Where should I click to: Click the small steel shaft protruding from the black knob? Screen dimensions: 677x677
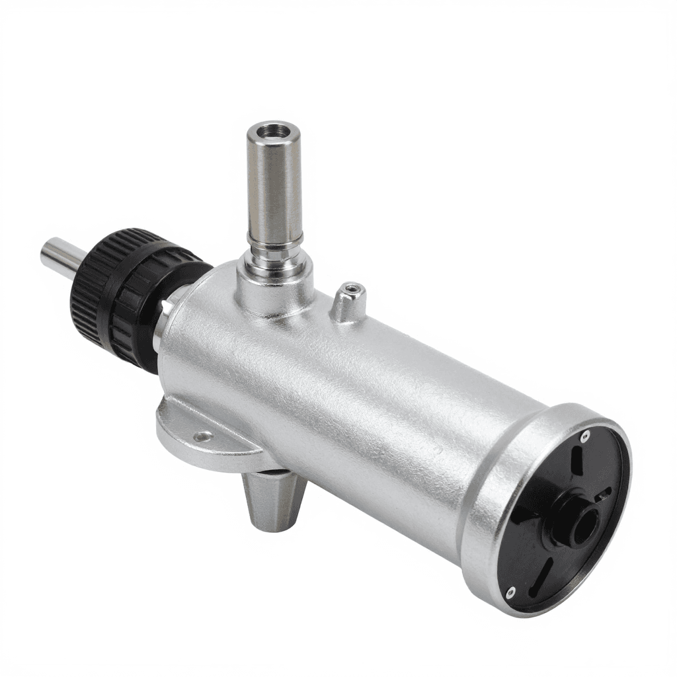point(60,255)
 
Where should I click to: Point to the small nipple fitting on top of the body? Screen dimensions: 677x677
point(348,301)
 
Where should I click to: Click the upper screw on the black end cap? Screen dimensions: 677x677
point(584,436)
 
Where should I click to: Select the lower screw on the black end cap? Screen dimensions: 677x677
point(510,592)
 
